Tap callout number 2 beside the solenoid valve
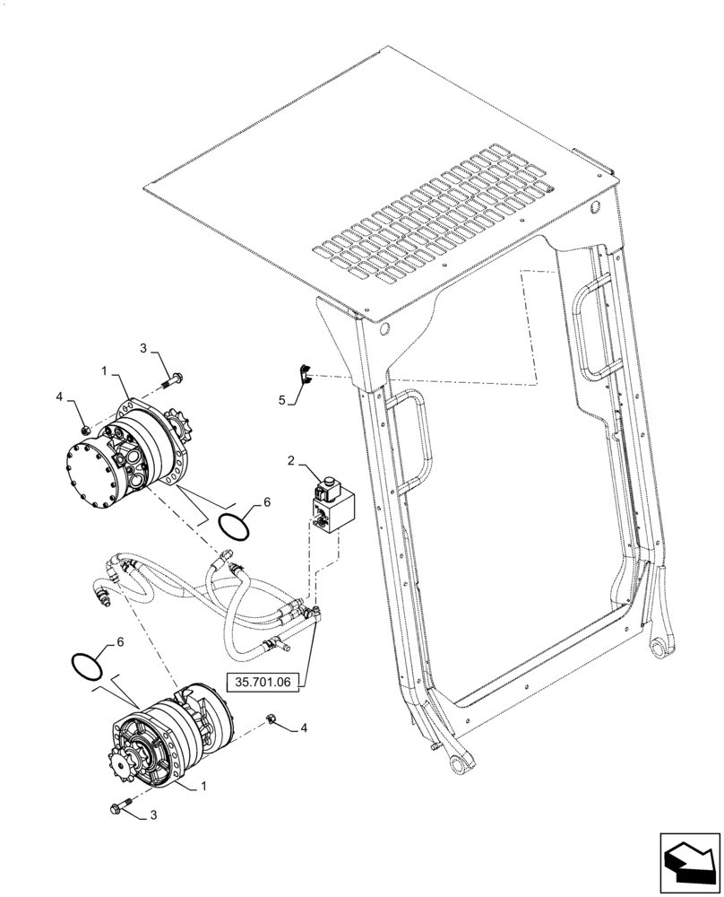click(290, 461)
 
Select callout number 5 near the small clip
click(281, 401)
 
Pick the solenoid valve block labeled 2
click(331, 508)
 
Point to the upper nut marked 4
click(82, 431)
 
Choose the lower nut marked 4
click(271, 718)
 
